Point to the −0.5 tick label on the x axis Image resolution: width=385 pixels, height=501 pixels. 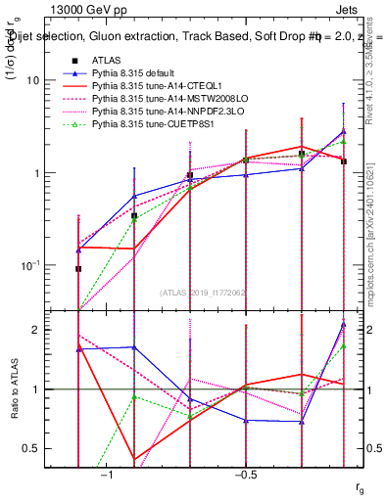[x=244, y=475]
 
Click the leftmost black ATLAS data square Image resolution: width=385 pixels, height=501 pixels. [x=78, y=268]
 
